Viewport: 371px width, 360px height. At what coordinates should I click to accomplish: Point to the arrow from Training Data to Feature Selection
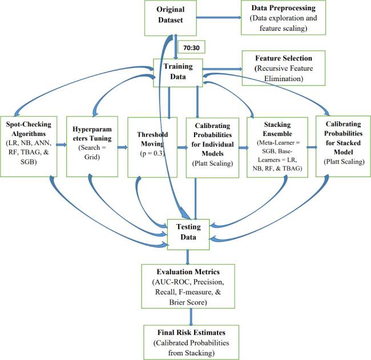(223, 71)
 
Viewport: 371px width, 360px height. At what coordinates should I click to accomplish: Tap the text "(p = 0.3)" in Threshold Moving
(150, 155)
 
